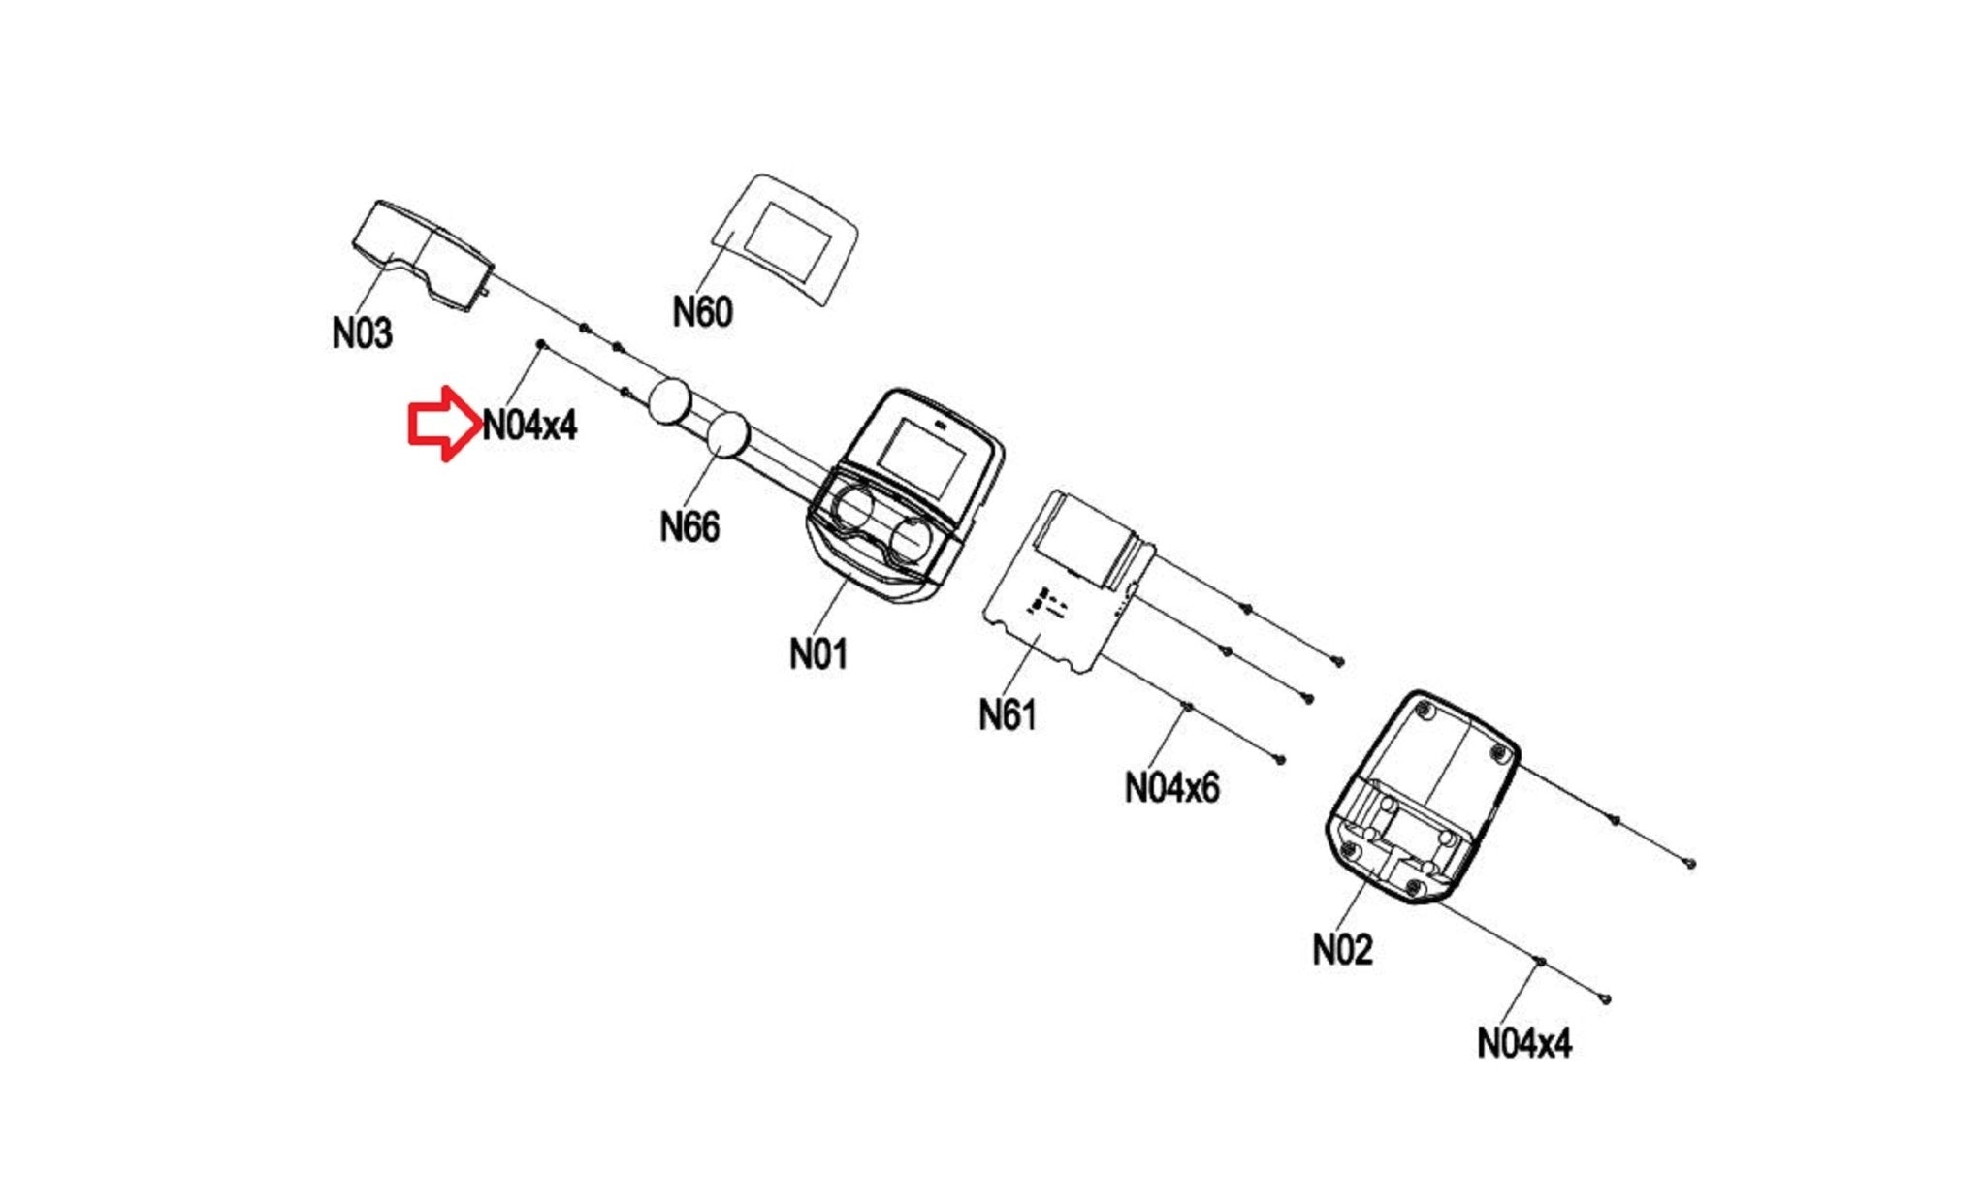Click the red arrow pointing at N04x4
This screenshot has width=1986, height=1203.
pyautogui.click(x=442, y=424)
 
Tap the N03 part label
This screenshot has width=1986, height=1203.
pyautogui.click(x=362, y=333)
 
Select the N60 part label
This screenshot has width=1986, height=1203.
pyautogui.click(x=702, y=312)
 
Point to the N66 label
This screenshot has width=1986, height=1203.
pyautogui.click(x=689, y=527)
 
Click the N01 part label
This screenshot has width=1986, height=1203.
pyautogui.click(x=818, y=654)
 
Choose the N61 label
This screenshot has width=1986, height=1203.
pyautogui.click(x=1008, y=715)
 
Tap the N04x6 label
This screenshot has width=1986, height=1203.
pyautogui.click(x=1171, y=787)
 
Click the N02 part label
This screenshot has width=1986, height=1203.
pyautogui.click(x=1342, y=950)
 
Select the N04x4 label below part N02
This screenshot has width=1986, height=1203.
pyautogui.click(x=1523, y=1044)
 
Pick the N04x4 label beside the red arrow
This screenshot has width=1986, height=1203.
pyautogui.click(x=529, y=425)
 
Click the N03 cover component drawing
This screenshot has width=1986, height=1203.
pyautogui.click(x=421, y=254)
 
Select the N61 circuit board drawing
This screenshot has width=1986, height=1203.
pyautogui.click(x=1067, y=582)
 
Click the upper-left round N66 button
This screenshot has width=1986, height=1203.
pyautogui.click(x=669, y=402)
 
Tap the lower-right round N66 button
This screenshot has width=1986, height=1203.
pyautogui.click(x=728, y=433)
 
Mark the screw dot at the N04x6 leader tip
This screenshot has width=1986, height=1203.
pyautogui.click(x=1186, y=708)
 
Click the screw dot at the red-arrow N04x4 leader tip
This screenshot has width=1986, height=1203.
pyautogui.click(x=540, y=344)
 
